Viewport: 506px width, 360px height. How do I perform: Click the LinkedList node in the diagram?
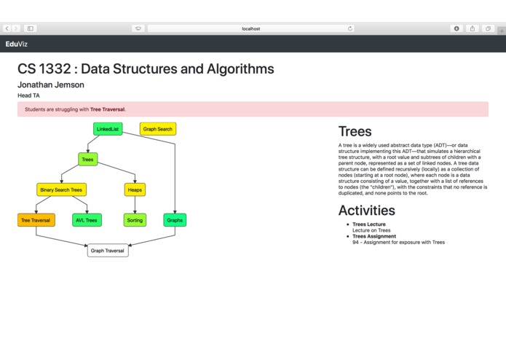click(x=108, y=129)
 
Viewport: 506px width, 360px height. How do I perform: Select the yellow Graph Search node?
click(x=158, y=129)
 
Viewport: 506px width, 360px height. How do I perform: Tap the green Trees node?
click(x=87, y=159)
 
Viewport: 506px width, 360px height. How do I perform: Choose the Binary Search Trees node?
click(x=61, y=189)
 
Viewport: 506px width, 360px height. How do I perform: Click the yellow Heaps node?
click(x=135, y=189)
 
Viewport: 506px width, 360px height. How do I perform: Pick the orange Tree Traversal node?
click(x=36, y=219)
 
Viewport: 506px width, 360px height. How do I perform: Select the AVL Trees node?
click(x=87, y=219)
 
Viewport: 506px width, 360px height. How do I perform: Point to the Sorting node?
click(x=135, y=219)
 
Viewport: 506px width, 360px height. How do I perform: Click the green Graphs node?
click(x=175, y=219)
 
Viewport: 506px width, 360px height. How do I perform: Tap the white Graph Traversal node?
click(x=108, y=251)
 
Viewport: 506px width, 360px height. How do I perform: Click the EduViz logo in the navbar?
click(x=16, y=44)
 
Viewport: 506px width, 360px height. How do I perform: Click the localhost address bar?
click(x=250, y=28)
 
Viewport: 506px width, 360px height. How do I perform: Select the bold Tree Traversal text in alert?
click(x=107, y=109)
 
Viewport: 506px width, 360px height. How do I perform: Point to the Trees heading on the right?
click(x=355, y=132)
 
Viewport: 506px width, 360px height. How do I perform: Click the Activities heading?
click(x=367, y=211)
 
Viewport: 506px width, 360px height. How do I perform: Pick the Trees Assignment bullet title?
click(x=374, y=236)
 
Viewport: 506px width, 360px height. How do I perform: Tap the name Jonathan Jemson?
click(x=51, y=85)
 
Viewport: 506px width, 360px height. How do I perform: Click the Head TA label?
click(x=29, y=95)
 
